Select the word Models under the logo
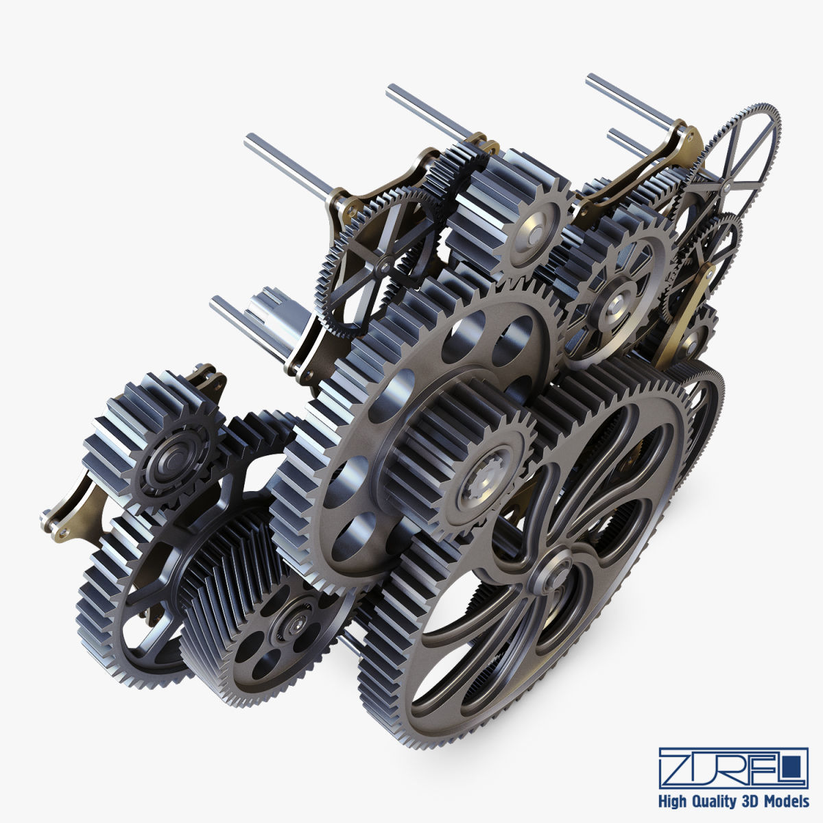(788, 801)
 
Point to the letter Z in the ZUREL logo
(679, 768)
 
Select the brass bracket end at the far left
(51, 521)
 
